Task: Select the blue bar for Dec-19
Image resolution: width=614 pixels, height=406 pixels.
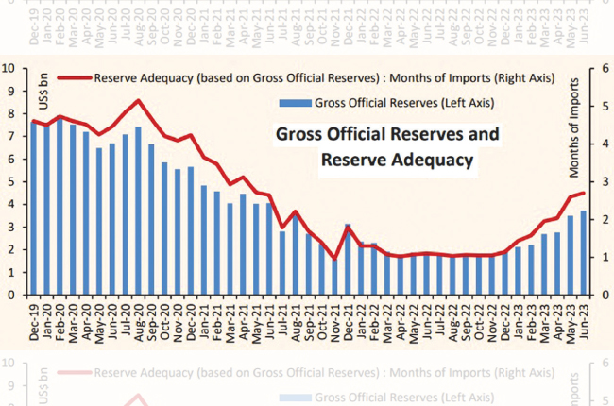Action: coord(34,209)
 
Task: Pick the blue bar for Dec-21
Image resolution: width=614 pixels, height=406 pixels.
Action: coord(348,259)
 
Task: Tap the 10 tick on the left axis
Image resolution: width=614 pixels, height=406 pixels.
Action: coord(9,68)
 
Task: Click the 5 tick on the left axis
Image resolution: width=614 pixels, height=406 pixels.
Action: coord(9,181)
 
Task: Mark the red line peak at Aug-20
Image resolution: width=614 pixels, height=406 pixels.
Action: coord(139,101)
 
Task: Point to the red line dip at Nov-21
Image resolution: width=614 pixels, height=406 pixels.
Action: coord(334,259)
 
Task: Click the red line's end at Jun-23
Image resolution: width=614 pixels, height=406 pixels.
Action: coord(583,193)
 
